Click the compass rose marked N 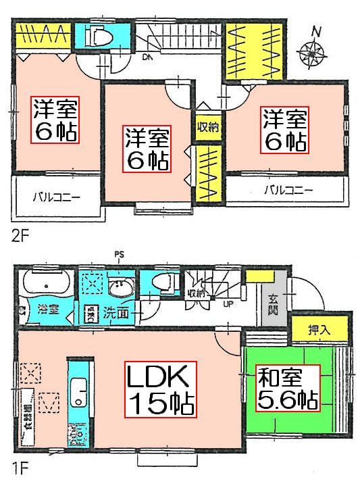(x=312, y=49)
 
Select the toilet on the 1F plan (x=161, y=285)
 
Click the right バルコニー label (x=288, y=191)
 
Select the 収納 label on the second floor (x=207, y=128)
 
